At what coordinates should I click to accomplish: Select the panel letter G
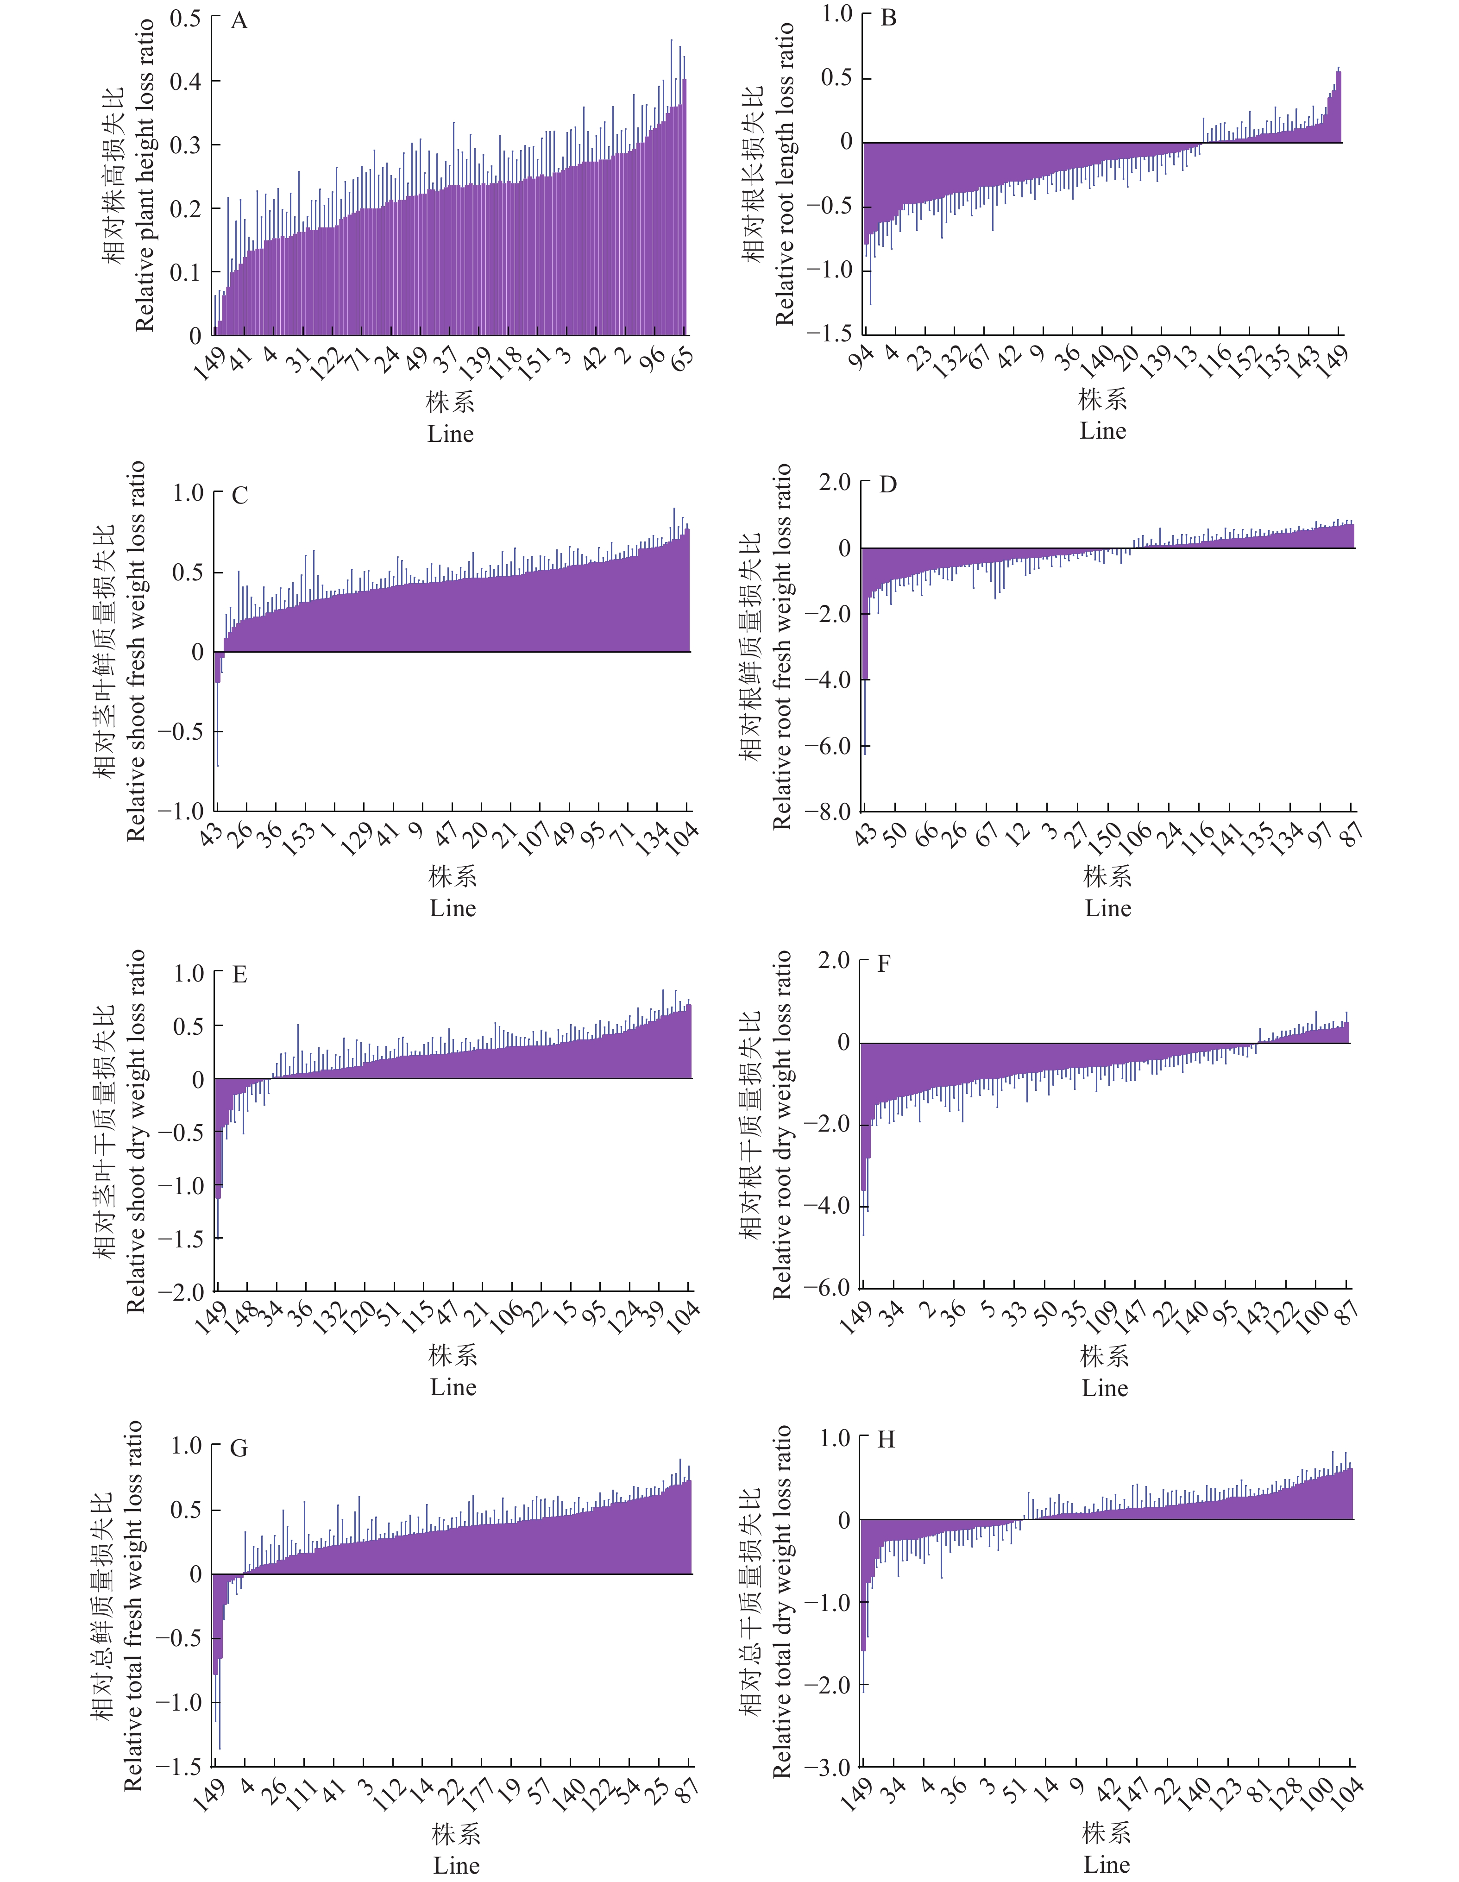tap(239, 1448)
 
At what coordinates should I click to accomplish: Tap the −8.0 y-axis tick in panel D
tap(827, 811)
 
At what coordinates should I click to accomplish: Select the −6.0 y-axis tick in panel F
tap(827, 1287)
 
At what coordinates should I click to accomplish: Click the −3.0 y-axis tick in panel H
tap(827, 1768)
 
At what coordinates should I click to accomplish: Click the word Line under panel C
tap(453, 908)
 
